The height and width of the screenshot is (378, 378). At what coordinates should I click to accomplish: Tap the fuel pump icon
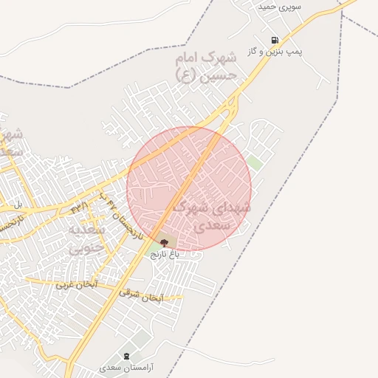275,40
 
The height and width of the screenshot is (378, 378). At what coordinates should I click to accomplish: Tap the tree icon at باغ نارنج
163,242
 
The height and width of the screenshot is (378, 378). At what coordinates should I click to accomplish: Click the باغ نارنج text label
166,253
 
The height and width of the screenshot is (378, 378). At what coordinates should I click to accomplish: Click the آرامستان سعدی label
126,367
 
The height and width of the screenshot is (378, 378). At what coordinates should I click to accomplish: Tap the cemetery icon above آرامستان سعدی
126,356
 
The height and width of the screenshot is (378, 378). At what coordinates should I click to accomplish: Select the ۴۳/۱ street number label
80,208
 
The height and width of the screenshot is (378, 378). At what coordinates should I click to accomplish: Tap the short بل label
19,204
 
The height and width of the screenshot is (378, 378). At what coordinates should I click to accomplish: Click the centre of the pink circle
189,189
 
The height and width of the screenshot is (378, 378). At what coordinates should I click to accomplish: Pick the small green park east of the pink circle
255,163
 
